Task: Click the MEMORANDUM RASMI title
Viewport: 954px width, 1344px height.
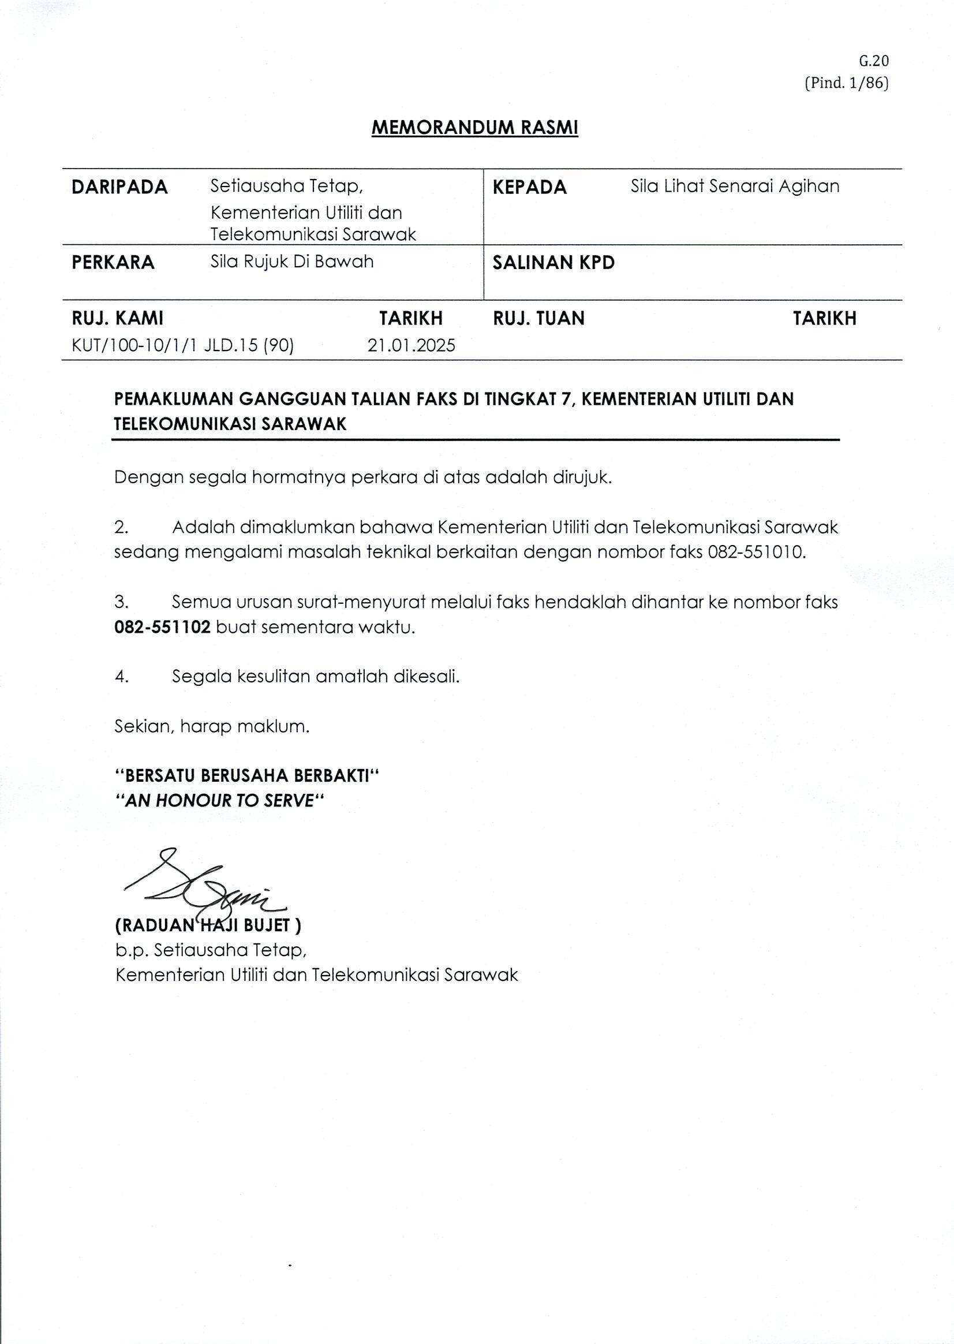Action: point(474,128)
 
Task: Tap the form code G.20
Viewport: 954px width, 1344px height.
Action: point(874,61)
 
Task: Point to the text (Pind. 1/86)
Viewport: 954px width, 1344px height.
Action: point(846,83)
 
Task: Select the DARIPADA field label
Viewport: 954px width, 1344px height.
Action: point(120,187)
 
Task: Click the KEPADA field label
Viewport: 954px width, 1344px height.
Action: point(529,187)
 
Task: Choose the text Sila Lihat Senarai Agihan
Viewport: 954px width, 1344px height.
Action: point(735,186)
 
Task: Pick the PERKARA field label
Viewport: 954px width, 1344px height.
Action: point(113,262)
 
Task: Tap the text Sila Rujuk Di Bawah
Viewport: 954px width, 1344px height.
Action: point(292,262)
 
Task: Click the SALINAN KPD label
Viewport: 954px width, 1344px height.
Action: point(553,262)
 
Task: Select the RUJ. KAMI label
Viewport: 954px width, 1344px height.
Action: point(118,319)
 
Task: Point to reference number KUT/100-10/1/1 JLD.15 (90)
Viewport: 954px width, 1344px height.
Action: point(183,345)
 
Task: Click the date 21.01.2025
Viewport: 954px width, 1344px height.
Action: point(411,345)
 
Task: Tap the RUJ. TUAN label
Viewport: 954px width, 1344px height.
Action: point(538,319)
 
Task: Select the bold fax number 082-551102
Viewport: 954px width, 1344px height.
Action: point(162,627)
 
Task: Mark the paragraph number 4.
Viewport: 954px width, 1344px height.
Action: point(122,677)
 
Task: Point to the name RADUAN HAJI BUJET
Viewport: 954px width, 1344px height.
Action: point(208,925)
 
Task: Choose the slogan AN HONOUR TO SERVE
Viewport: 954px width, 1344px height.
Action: point(220,800)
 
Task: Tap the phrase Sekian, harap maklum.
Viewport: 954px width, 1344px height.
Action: point(211,727)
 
